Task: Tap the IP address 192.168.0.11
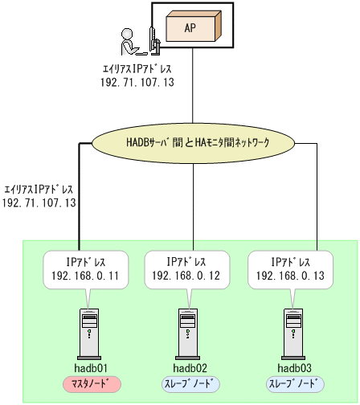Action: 85,275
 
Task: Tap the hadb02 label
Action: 190,367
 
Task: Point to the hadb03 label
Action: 294,367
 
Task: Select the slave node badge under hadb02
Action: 190,383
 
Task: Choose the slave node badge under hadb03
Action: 294,383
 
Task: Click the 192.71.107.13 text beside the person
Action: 137,82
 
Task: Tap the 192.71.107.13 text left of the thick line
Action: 40,203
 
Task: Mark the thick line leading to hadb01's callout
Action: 80,201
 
